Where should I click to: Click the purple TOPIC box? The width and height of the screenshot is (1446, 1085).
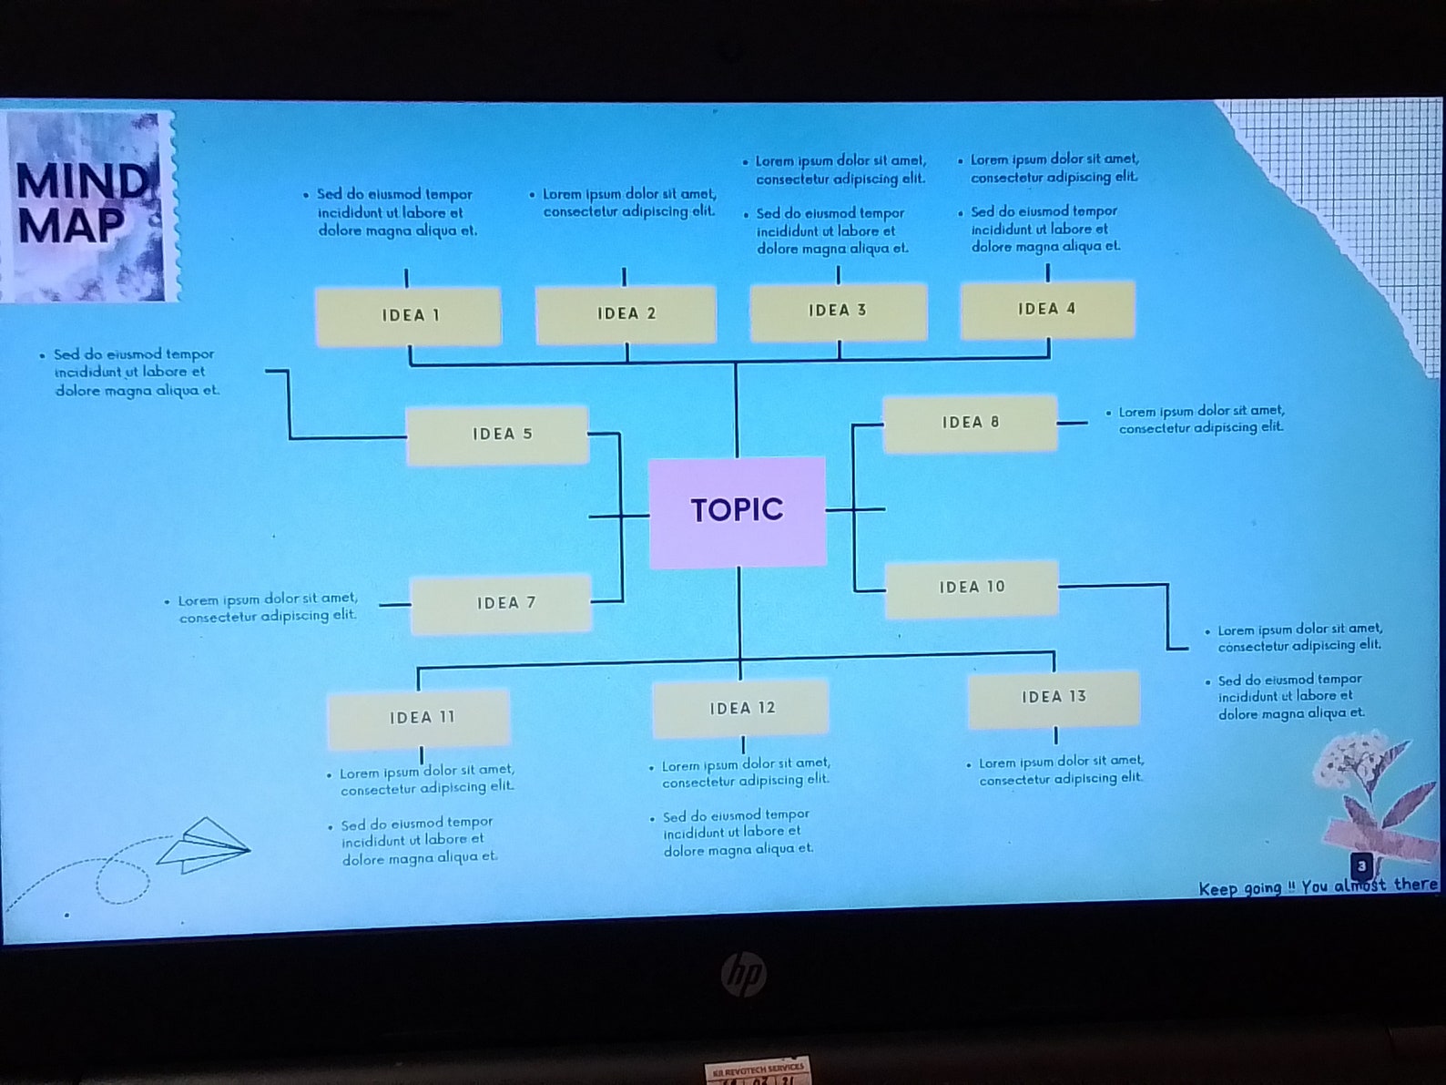pos(737,511)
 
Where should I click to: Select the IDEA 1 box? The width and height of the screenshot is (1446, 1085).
pos(408,315)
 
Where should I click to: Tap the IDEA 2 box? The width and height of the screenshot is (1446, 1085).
pos(626,313)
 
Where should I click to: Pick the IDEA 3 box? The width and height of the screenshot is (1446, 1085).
pos(838,311)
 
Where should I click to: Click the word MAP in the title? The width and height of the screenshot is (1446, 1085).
pos(71,226)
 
